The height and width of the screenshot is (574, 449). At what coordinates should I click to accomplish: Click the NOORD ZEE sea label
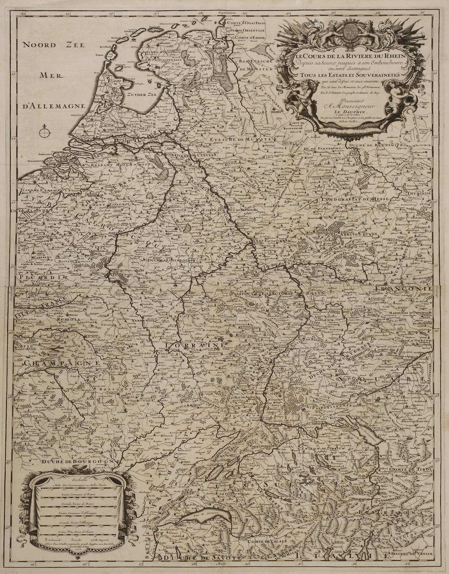tap(53, 45)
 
